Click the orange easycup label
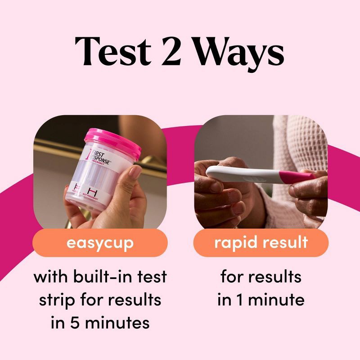[100, 243]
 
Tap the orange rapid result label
[261, 243]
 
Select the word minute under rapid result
[277, 300]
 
